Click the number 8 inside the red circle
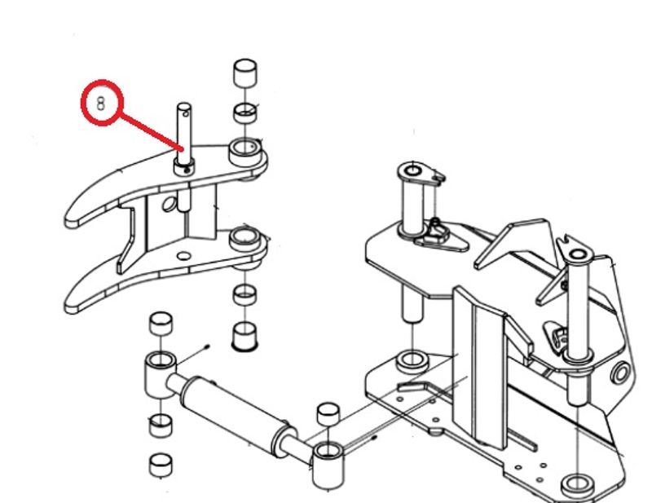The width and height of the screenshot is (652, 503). pos(101,104)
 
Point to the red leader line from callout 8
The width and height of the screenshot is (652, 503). pos(152,131)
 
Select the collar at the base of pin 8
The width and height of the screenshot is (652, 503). pos(184,167)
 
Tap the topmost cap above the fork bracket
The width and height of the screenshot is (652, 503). pos(245,73)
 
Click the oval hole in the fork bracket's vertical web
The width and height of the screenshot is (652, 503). pos(169,205)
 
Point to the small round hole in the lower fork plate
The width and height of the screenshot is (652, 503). pos(184,256)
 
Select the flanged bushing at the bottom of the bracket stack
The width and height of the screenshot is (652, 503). pos(245,336)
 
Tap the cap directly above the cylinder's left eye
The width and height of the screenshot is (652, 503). pos(161,324)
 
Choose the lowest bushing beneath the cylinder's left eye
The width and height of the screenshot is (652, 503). pos(161,465)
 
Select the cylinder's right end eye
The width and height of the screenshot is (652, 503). pos(328,465)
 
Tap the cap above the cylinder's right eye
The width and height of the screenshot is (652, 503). pos(328,413)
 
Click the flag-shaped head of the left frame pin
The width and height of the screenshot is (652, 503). pos(421,174)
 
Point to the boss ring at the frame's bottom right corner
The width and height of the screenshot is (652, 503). pos(578,486)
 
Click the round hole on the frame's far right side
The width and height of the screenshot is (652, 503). pos(621,373)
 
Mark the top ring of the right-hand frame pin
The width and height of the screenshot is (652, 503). pos(578,254)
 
